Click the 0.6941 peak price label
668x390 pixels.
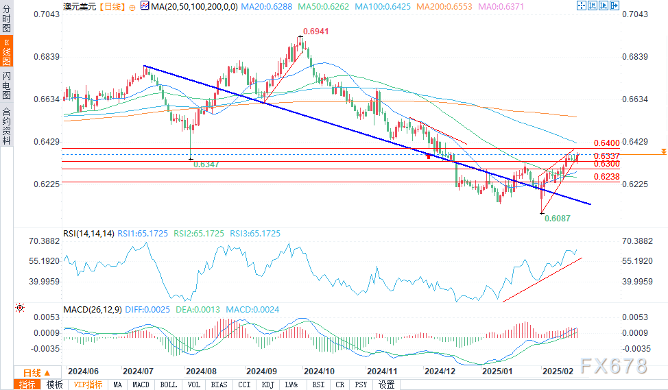point(316,32)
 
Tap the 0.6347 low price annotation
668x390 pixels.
point(206,164)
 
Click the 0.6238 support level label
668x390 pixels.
point(608,177)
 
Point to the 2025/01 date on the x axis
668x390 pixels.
point(499,370)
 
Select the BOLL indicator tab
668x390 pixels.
point(168,385)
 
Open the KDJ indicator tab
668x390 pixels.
point(268,385)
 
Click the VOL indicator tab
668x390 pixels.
point(193,385)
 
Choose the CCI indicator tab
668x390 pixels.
point(243,385)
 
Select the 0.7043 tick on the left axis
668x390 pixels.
point(47,14)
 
